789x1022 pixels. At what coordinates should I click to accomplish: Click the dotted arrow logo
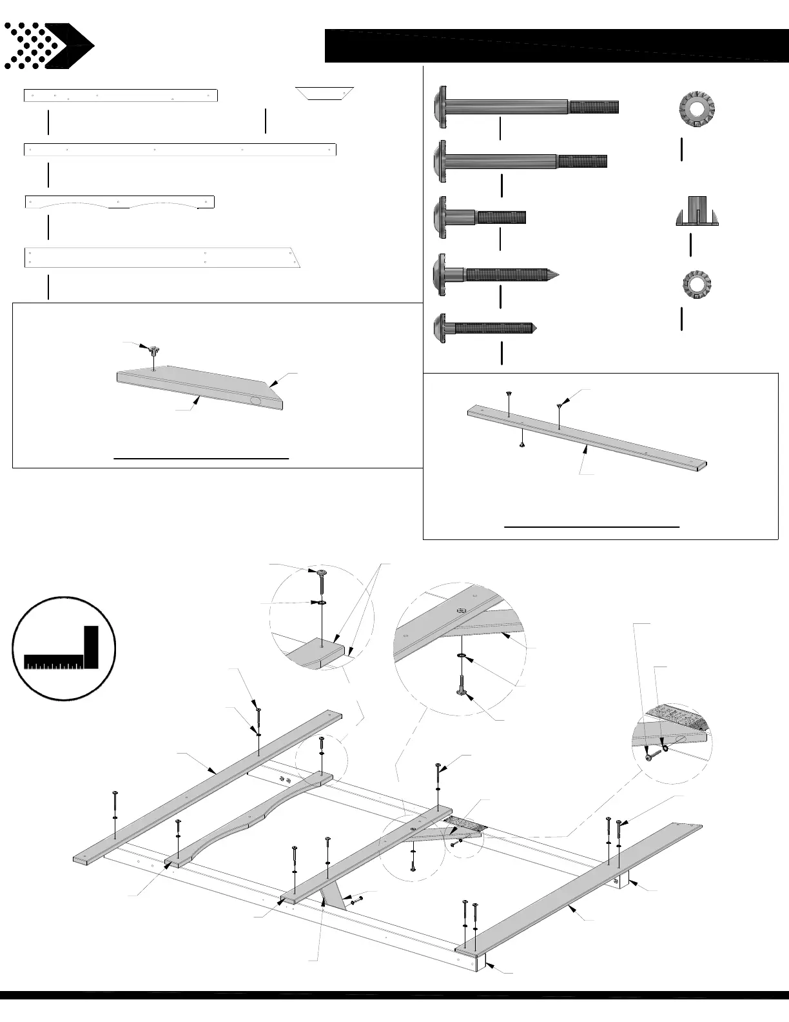click(49, 46)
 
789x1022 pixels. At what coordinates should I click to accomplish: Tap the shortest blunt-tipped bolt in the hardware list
click(480, 217)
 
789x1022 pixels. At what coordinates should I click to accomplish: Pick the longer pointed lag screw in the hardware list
click(497, 275)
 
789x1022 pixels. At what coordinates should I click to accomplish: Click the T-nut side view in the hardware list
click(696, 212)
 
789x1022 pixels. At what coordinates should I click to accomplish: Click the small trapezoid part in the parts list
click(325, 93)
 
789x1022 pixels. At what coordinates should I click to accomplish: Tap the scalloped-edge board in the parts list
click(119, 202)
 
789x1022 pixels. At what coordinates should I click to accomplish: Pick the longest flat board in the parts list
click(180, 150)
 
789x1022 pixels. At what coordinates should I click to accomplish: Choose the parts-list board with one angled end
click(161, 257)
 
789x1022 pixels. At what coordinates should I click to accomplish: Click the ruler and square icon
click(64, 648)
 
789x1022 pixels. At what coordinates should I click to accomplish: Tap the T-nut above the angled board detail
click(153, 351)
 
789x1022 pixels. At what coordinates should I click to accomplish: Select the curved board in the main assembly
click(248, 816)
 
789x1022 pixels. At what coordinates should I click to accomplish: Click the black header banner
click(556, 46)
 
